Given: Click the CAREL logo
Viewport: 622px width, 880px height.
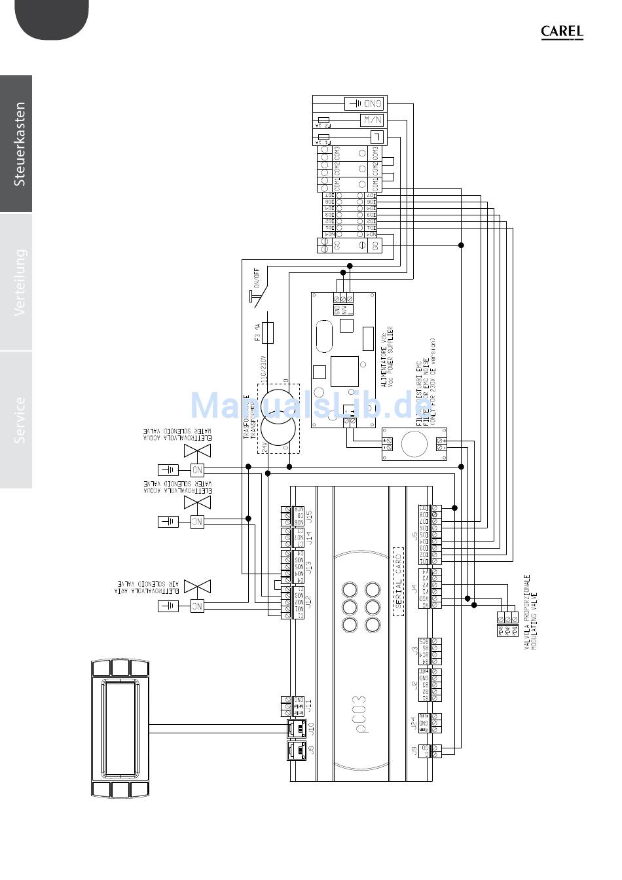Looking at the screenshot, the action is [562, 32].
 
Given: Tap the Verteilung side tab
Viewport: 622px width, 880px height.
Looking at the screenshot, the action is [20, 282].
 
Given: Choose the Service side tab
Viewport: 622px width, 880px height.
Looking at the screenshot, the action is [20, 420].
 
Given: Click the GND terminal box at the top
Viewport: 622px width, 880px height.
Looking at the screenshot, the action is [365, 103].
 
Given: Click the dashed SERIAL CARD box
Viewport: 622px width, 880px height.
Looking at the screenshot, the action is [397, 582].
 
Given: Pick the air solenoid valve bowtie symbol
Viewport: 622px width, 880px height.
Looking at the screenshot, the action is [198, 585].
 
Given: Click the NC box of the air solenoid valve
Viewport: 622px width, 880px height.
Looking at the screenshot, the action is [197, 606].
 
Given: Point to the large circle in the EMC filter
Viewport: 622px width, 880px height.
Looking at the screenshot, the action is [414, 445].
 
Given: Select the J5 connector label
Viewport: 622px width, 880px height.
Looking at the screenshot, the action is [415, 537].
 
